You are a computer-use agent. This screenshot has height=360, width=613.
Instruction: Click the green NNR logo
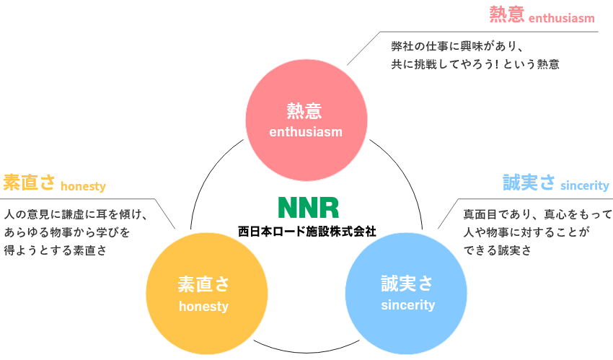click(x=308, y=207)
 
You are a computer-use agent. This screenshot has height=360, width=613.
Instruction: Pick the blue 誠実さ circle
click(x=407, y=292)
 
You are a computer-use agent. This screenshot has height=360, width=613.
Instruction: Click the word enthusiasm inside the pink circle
click(x=305, y=132)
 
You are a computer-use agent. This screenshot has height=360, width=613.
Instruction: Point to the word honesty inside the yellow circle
click(x=203, y=307)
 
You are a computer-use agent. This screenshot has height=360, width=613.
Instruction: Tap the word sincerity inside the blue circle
click(x=407, y=305)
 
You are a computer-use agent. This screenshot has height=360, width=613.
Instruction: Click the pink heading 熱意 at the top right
click(x=506, y=14)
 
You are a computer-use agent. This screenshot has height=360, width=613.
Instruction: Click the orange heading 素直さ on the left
click(x=29, y=183)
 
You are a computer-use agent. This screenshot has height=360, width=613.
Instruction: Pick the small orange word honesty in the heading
click(x=83, y=187)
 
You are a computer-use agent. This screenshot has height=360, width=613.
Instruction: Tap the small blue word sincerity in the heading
click(x=585, y=186)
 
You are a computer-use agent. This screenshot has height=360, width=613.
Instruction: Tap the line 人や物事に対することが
click(x=526, y=232)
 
